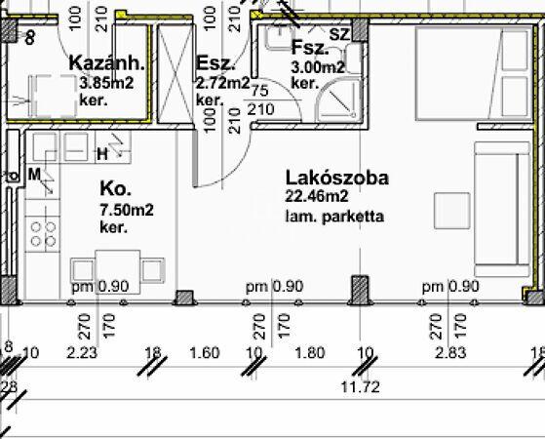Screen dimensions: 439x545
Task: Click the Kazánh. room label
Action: (107, 64)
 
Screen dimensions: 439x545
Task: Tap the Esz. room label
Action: (213, 64)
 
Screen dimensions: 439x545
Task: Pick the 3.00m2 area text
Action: (318, 67)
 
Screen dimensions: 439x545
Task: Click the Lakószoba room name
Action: (337, 179)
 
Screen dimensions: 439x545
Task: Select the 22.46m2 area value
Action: (317, 198)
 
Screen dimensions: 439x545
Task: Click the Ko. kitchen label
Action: (115, 189)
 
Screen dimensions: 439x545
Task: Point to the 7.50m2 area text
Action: (126, 210)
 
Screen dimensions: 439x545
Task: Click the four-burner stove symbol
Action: (43, 232)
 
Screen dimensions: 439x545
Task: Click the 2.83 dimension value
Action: (449, 352)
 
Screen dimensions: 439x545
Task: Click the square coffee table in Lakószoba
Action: (451, 210)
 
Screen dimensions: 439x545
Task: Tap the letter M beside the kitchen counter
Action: (34, 175)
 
